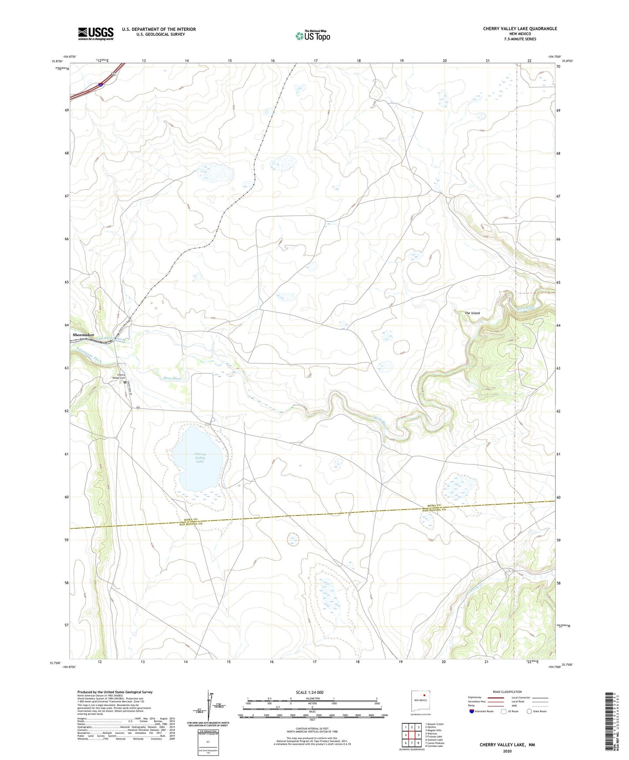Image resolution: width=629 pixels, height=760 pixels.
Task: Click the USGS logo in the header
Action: tap(96, 34)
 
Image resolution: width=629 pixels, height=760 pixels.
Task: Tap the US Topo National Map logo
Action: tap(313, 36)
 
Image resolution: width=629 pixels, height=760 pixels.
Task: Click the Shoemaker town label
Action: tap(84, 335)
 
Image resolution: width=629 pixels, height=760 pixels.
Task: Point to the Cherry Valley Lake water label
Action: tap(200, 457)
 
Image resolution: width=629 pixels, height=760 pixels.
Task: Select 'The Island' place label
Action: tap(472, 313)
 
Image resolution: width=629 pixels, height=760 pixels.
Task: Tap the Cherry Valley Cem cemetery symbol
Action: tap(124, 383)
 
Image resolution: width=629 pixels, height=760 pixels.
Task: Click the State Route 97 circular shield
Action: tap(138, 408)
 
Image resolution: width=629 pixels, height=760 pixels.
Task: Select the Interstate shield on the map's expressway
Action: tap(101, 85)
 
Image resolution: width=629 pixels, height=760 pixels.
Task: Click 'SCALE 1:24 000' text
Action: tap(309, 692)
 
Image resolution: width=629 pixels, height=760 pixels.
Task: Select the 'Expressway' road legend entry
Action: tap(475, 697)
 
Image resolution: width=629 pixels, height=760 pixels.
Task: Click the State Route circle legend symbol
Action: tap(529, 712)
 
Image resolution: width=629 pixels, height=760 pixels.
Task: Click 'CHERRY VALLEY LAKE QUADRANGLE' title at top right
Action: tap(520, 29)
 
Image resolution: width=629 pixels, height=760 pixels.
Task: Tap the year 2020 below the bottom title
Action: tap(507, 751)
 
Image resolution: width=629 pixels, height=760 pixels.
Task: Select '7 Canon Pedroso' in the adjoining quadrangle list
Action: tap(435, 743)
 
